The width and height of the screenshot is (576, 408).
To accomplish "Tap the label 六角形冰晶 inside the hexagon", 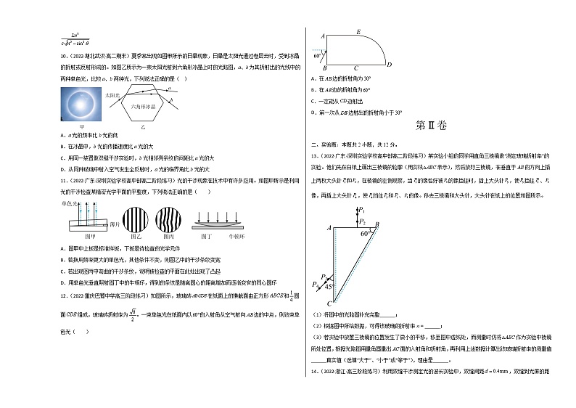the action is click(x=142, y=107).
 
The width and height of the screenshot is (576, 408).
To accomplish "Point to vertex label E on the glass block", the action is click(x=359, y=32).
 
